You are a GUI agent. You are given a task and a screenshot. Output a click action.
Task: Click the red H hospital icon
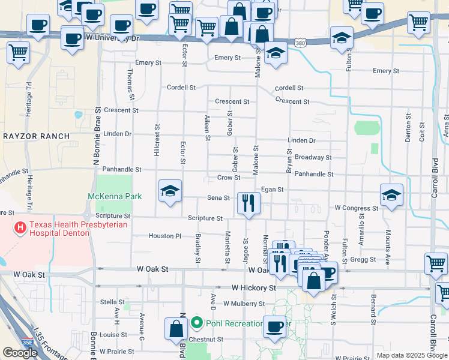coord(20,227)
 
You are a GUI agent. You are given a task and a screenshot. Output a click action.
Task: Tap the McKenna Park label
coord(115,196)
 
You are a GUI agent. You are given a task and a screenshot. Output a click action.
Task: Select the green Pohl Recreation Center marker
coord(196,323)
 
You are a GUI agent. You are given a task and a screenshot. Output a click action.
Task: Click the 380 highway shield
coord(301,43)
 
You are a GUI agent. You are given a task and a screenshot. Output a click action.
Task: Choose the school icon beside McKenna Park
coord(170,191)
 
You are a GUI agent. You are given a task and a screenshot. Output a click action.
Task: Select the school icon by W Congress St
coord(391,195)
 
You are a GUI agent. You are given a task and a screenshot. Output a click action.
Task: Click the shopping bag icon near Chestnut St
coord(176,328)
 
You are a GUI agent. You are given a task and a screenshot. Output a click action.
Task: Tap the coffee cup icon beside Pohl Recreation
coord(275,327)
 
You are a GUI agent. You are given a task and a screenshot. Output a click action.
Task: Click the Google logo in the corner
coord(20,353)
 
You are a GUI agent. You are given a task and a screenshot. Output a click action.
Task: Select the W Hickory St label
coord(253,288)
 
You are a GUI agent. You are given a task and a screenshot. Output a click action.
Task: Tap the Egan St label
coord(272,190)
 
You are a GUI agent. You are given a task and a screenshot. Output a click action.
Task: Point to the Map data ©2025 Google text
coord(412,355)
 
